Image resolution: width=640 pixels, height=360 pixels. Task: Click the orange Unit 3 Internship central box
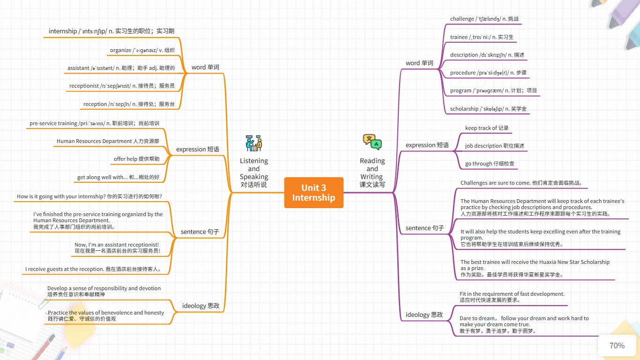(x=313, y=193)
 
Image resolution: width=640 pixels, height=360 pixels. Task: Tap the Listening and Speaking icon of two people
(x=253, y=143)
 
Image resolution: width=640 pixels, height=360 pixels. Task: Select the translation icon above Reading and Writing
(x=372, y=142)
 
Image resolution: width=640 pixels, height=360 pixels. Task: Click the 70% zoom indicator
(x=617, y=345)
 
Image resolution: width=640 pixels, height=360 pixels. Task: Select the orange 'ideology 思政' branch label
(x=201, y=306)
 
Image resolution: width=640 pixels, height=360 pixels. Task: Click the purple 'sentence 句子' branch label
(x=424, y=228)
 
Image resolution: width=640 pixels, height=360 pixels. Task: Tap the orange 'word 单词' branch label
(x=205, y=67)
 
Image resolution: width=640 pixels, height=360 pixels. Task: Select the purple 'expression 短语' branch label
(x=427, y=145)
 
